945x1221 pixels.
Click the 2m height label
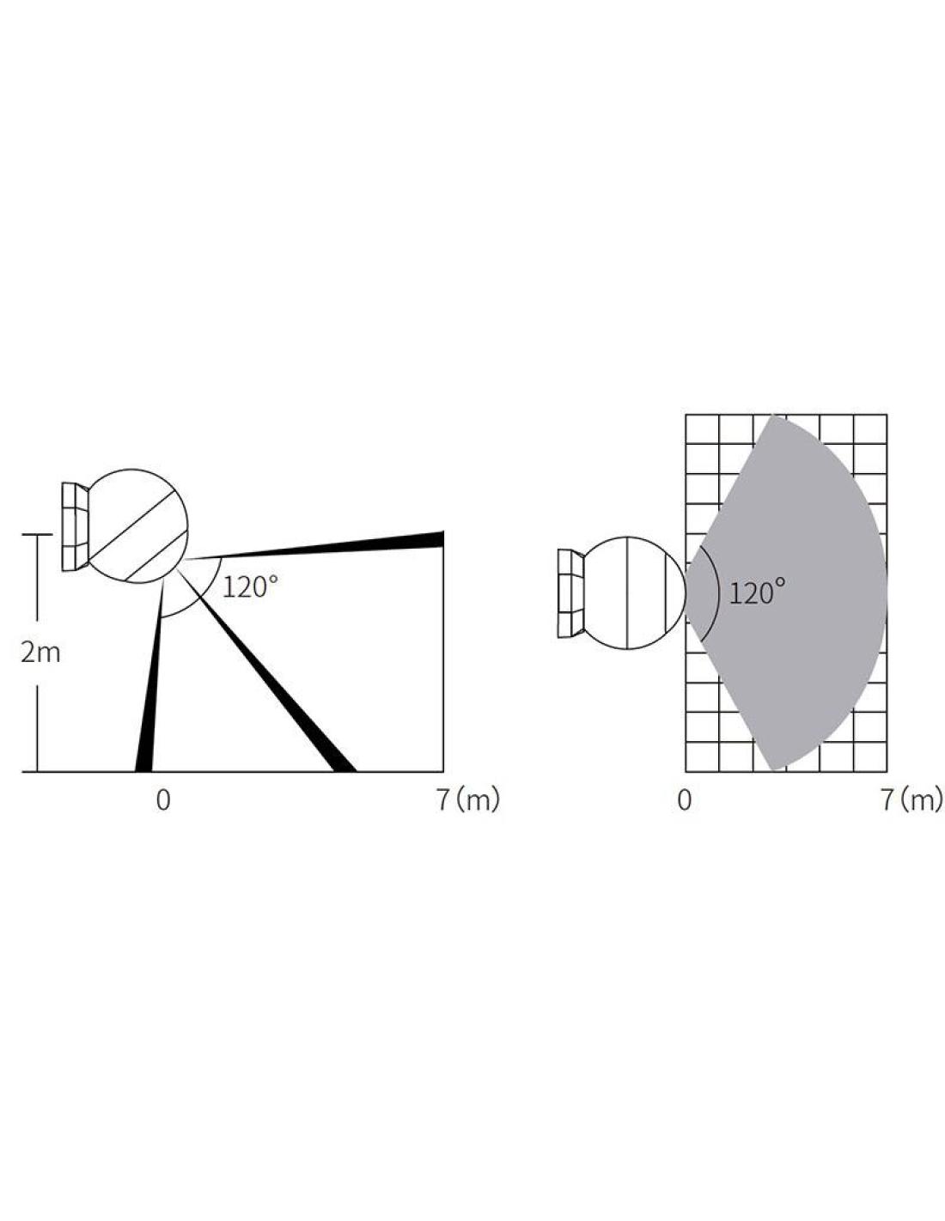[40, 653]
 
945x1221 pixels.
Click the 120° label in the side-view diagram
[251, 586]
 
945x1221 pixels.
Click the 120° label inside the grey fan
[757, 592]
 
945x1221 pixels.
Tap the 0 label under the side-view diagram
[163, 800]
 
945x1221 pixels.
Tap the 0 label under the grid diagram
[684, 800]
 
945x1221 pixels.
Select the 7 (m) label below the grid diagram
[911, 800]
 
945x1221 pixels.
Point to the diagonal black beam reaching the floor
[265, 669]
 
